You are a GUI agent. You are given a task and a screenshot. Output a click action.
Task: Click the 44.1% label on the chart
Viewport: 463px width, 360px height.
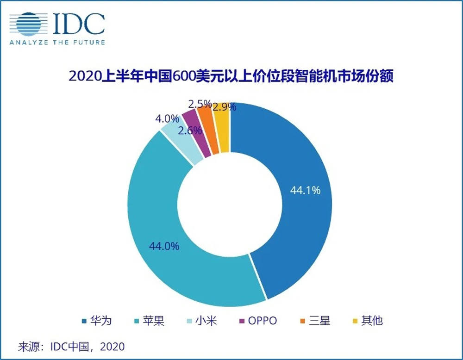pyautogui.click(x=305, y=190)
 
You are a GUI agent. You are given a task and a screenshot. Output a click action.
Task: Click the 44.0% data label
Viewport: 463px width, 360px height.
pyautogui.click(x=164, y=246)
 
